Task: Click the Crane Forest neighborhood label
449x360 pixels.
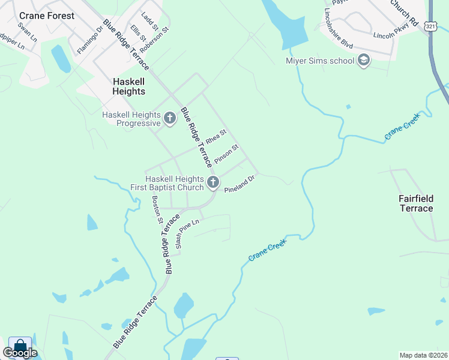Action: tap(47, 16)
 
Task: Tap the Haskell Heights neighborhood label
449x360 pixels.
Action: tap(129, 86)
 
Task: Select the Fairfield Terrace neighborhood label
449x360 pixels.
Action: tap(416, 203)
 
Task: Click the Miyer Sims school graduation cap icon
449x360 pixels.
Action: tap(363, 60)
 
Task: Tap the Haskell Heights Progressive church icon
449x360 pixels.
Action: tap(170, 118)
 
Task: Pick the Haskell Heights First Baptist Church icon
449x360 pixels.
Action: tap(212, 182)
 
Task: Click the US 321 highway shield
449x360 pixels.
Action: tap(430, 26)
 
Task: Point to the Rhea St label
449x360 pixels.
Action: tap(215, 136)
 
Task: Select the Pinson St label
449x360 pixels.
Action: tap(227, 154)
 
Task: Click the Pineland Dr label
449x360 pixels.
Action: tap(240, 183)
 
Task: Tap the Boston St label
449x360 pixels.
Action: tap(157, 209)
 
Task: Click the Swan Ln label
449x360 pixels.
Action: tap(26, 31)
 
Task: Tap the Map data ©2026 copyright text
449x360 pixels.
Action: tap(423, 355)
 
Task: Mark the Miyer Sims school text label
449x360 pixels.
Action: tap(320, 60)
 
